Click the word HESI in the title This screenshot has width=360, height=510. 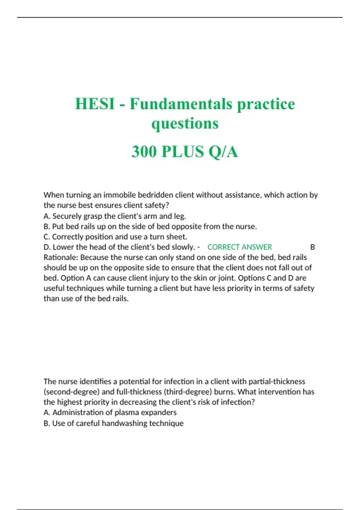pyautogui.click(x=94, y=104)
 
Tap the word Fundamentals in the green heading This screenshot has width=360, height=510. pyautogui.click(x=181, y=104)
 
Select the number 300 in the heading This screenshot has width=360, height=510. pyautogui.click(x=144, y=151)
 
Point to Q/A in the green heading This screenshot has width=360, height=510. pyautogui.click(x=223, y=151)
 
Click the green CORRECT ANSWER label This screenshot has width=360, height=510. pyautogui.click(x=239, y=247)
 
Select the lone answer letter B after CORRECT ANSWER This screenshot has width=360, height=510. pyautogui.click(x=312, y=247)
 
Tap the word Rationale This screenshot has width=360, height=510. pyautogui.click(x=61, y=257)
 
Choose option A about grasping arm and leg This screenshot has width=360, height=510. pyautogui.click(x=115, y=216)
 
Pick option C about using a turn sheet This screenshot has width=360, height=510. pyautogui.click(x=115, y=237)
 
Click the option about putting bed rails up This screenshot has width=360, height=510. pyautogui.click(x=150, y=226)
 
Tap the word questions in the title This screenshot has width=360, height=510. pyautogui.click(x=185, y=124)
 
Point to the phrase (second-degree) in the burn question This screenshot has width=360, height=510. pyautogui.click(x=69, y=392)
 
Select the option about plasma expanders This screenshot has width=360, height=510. pyautogui.click(x=110, y=412)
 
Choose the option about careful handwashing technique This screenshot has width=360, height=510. pyautogui.click(x=113, y=423)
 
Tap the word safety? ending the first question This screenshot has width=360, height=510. pyautogui.click(x=156, y=205)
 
